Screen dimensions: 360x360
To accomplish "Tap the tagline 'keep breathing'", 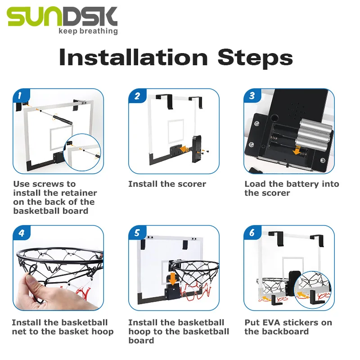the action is [x=88, y=31].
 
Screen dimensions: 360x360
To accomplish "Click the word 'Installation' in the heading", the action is [x=133, y=57].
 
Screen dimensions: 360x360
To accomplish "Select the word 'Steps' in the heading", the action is [x=255, y=58].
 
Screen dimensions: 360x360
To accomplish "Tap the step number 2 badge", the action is [x=137, y=96].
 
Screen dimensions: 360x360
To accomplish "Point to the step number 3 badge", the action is [x=252, y=95].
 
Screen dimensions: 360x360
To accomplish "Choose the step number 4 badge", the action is [x=22, y=233].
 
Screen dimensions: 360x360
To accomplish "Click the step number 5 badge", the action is [x=137, y=233].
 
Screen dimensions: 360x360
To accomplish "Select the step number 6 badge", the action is [x=252, y=233].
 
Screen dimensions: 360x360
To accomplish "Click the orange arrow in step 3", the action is [x=297, y=150].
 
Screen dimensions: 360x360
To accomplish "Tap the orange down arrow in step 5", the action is [x=172, y=279].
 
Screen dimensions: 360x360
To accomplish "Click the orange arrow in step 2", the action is [x=185, y=149].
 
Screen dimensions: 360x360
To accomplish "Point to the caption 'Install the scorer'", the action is [x=167, y=184].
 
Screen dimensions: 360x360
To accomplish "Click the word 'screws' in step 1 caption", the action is [x=49, y=184].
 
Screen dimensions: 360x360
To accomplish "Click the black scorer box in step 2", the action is [x=196, y=149].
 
